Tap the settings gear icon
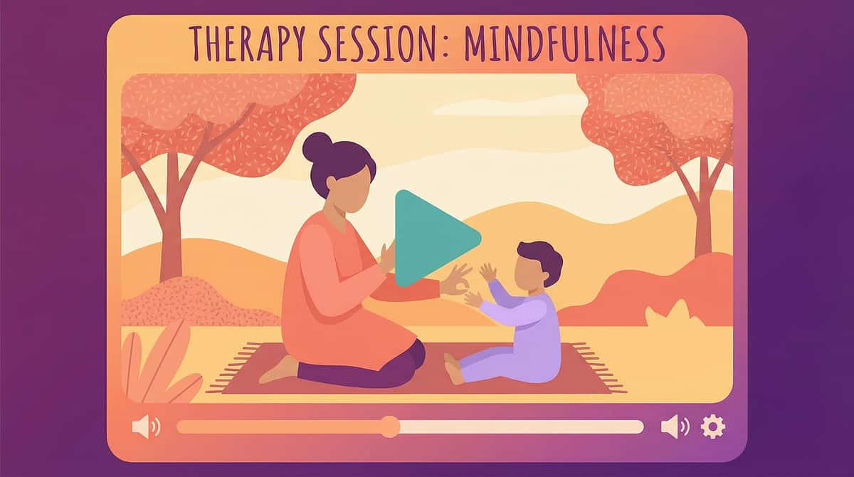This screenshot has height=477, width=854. (x=712, y=426)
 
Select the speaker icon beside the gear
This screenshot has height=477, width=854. (x=674, y=426)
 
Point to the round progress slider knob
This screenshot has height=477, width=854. (x=389, y=426)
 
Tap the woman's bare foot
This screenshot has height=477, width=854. (x=279, y=371)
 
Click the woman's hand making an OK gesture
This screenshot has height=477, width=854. (x=455, y=281)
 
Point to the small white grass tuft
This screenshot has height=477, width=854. (x=665, y=314)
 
